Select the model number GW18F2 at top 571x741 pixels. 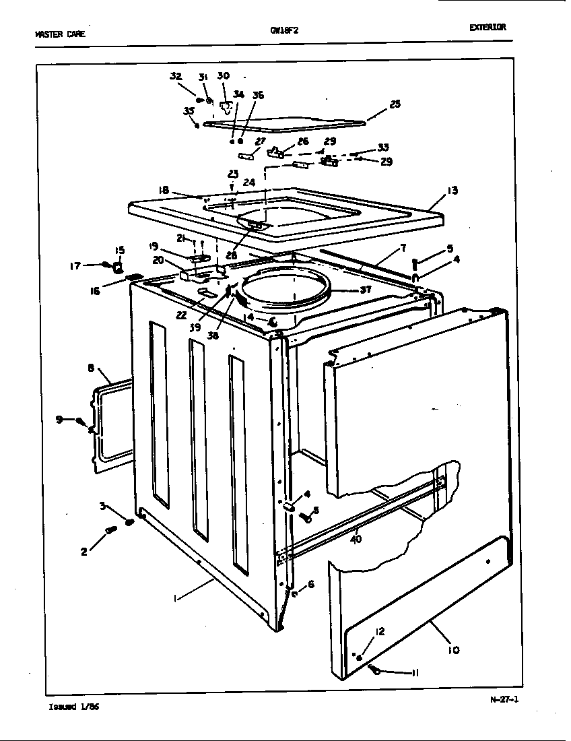coord(280,30)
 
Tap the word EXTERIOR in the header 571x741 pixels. coord(488,28)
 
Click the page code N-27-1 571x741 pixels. coord(504,699)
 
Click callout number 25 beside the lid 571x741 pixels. coord(395,104)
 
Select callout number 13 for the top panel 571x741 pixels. coord(452,191)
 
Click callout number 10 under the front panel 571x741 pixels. coord(452,649)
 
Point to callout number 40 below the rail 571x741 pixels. coord(355,538)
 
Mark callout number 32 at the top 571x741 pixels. coord(176,76)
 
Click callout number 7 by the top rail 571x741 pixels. coord(403,249)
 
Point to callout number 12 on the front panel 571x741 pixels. coord(380,631)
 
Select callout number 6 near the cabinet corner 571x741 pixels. coord(310,585)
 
